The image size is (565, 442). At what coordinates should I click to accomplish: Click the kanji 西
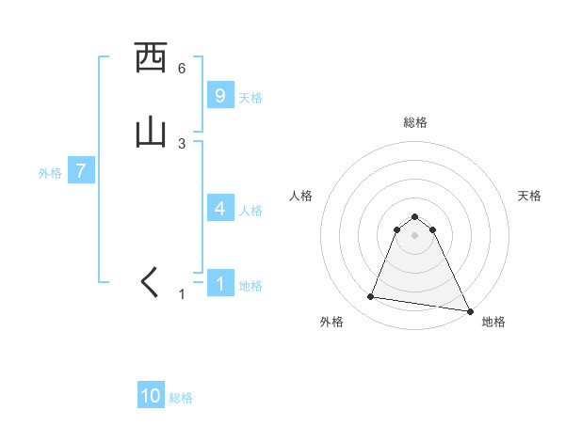(151, 58)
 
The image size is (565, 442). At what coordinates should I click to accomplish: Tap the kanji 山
(151, 133)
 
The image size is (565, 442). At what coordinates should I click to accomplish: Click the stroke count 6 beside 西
(181, 69)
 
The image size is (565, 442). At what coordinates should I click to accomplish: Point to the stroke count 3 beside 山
(181, 143)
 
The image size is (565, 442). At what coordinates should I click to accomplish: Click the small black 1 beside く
(183, 294)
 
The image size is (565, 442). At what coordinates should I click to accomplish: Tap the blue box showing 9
(219, 95)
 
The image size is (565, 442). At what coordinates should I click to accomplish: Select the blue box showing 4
(219, 209)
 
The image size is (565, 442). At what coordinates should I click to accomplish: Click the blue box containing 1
(219, 284)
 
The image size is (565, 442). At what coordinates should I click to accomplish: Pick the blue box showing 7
(81, 172)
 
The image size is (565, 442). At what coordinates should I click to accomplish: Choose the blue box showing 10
(151, 396)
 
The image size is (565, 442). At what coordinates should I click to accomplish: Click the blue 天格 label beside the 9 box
(250, 97)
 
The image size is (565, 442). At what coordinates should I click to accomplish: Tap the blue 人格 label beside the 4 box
(250, 211)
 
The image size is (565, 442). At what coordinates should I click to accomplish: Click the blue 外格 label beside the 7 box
(50, 173)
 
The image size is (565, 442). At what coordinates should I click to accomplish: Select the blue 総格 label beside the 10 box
(181, 398)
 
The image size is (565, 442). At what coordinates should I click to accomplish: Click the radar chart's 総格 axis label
(415, 122)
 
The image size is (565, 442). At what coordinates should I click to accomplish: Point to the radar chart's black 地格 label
(493, 322)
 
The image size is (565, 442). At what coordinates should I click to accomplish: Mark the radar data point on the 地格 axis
(469, 311)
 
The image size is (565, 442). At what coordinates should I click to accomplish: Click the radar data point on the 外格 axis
(371, 297)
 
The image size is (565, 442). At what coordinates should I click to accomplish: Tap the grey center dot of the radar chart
(415, 234)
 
